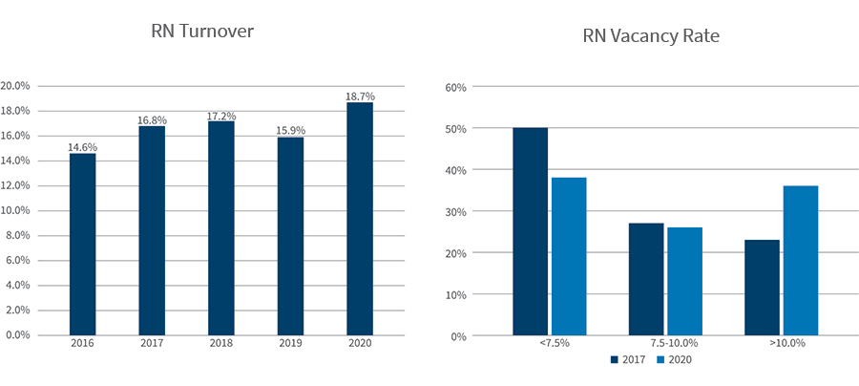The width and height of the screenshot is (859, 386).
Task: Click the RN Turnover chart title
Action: (x=202, y=31)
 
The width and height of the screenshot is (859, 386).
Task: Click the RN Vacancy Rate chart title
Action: (x=650, y=36)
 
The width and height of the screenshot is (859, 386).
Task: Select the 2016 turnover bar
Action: (x=82, y=244)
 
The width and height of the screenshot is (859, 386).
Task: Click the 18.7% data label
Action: (x=360, y=96)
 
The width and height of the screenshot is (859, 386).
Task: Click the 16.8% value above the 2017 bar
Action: (x=152, y=120)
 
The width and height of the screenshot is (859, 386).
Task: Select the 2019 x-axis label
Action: (x=290, y=342)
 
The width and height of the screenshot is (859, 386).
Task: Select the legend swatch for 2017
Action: (x=615, y=360)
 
